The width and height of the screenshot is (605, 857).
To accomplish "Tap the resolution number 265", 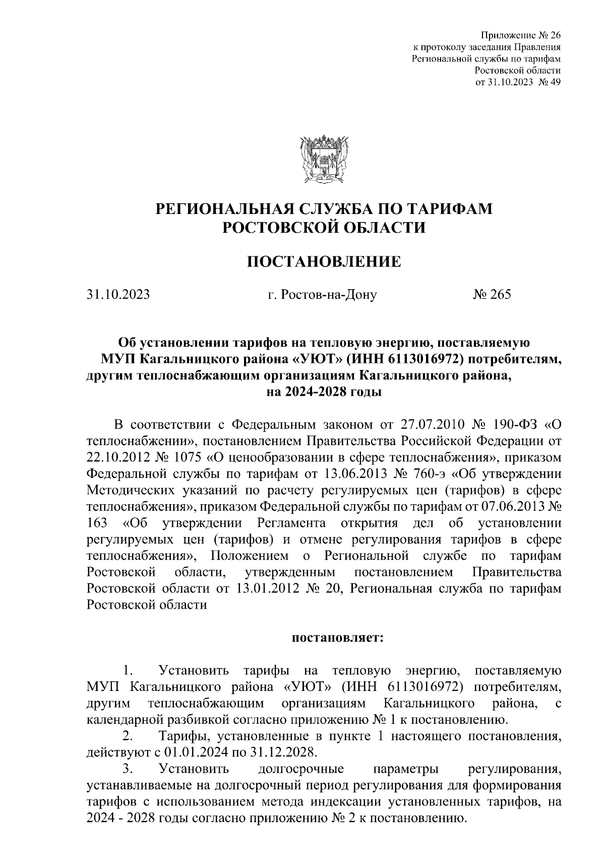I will click(x=497, y=294).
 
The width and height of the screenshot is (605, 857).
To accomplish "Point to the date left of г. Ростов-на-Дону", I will click(x=118, y=295).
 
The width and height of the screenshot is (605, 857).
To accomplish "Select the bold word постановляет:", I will click(x=338, y=638).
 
